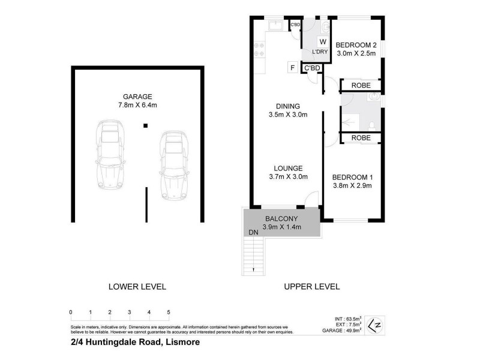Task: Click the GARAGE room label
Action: coord(137,96)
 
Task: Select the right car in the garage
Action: coord(173,165)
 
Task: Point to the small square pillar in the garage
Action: coord(145,126)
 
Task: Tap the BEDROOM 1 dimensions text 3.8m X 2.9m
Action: coord(353,185)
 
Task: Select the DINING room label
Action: coord(287,106)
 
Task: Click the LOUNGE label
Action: coord(287,168)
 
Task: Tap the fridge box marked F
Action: coord(292,68)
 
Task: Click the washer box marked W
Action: coord(322,42)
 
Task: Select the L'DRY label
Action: coord(320,53)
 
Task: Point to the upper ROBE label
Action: coord(360,85)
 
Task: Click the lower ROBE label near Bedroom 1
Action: coord(360,138)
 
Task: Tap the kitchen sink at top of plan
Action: coord(277,25)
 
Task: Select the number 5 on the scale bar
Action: coord(169,312)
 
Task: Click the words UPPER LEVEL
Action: coord(311,287)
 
